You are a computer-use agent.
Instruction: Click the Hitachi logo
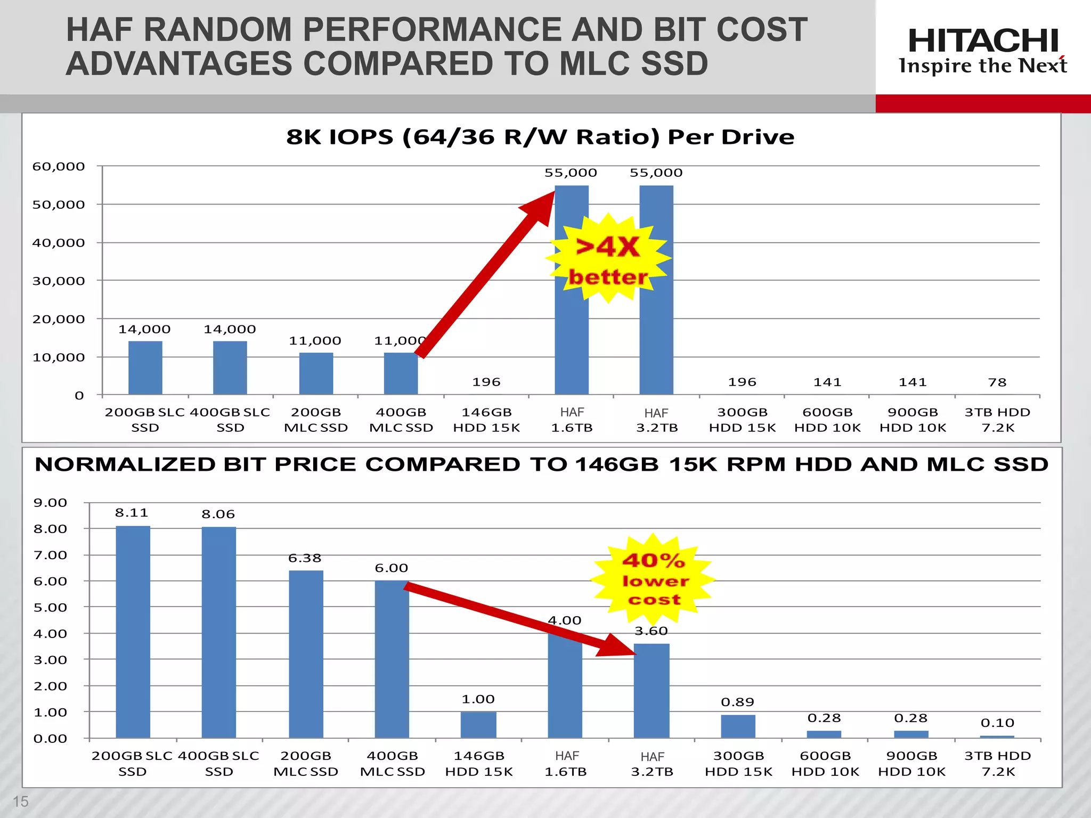[x=983, y=51]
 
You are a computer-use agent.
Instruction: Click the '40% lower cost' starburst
[x=654, y=579]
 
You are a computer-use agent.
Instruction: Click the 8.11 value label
[x=132, y=513]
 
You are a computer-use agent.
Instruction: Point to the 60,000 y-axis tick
[x=59, y=167]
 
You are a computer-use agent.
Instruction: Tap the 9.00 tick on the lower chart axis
[x=50, y=503]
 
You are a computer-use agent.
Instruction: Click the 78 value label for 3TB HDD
[x=997, y=382]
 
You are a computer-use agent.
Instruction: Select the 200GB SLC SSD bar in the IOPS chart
[x=145, y=369]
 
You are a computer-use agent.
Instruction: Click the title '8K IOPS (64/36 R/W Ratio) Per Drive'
[x=540, y=137]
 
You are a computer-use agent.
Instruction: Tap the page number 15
[x=20, y=801]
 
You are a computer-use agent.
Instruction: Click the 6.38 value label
[x=305, y=558]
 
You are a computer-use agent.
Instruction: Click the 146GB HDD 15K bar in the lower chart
[x=478, y=725]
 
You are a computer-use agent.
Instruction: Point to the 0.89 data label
[x=737, y=702]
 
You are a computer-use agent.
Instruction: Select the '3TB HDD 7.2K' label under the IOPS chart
[x=997, y=420]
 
